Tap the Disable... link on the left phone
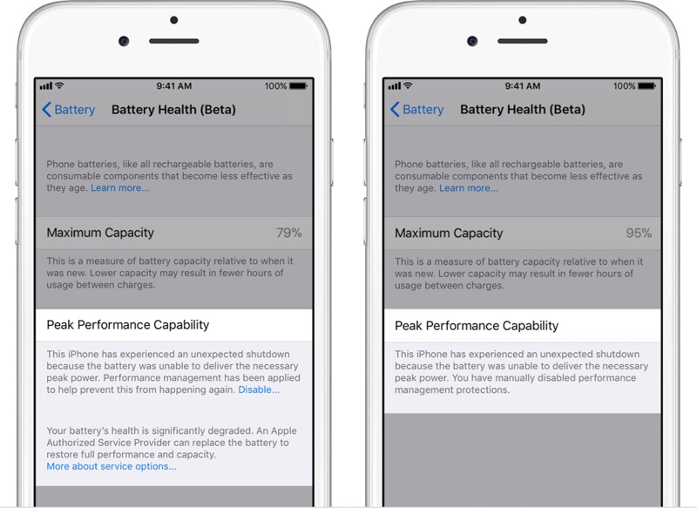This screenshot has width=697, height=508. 259,389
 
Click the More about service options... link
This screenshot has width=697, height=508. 112,466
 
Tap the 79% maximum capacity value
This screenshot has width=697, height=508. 289,233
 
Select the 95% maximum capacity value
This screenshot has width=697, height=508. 639,233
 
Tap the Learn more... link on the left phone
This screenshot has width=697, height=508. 120,187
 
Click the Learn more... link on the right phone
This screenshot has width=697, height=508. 469,188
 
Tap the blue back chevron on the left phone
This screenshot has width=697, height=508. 46,109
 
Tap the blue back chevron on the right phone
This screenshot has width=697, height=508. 395,109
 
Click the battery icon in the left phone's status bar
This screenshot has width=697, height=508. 298,85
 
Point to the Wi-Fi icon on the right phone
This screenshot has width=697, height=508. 408,85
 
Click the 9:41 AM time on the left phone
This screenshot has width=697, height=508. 173,85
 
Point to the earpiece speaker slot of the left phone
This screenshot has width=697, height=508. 173,41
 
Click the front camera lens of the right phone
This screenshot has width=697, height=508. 472,41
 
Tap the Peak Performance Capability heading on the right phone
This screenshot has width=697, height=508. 477,326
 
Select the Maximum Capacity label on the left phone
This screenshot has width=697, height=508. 100,233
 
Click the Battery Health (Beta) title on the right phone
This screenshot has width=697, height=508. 522,109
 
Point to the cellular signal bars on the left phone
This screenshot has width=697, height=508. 46,85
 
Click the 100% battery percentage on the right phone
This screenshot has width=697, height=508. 624,85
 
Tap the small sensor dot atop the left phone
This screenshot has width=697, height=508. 173,20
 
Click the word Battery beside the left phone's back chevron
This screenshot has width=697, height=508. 75,110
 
